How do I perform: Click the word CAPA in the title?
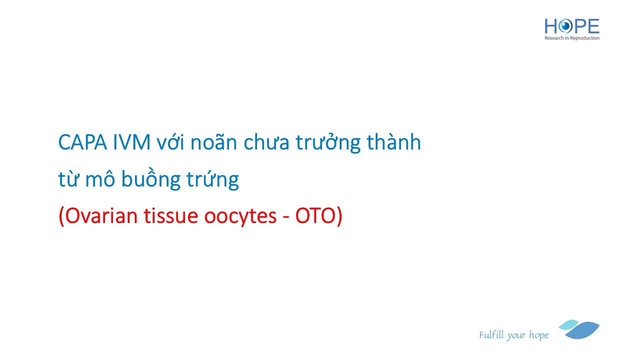click(x=82, y=142)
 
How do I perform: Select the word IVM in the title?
click(x=131, y=142)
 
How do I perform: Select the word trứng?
click(x=212, y=179)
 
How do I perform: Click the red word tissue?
click(x=171, y=215)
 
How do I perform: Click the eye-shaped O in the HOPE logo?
click(x=565, y=26)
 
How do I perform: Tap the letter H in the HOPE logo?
click(x=550, y=26)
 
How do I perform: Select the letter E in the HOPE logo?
click(x=593, y=26)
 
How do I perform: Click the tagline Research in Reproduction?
click(x=571, y=38)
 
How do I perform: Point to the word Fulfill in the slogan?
click(x=491, y=334)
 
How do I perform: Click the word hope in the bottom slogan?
click(x=538, y=335)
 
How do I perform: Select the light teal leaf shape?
click(x=568, y=325)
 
